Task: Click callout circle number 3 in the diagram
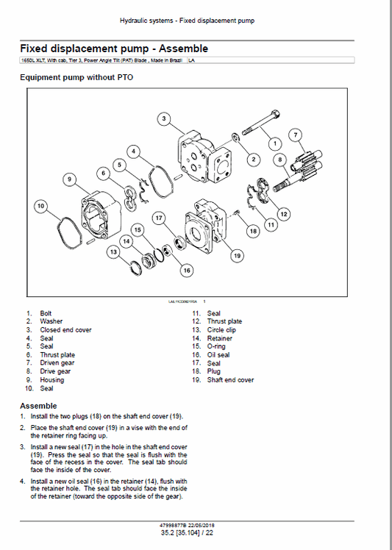pyautogui.click(x=164, y=118)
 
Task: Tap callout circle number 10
pyautogui.click(x=40, y=206)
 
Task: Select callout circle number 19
pyautogui.click(x=236, y=255)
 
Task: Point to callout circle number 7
pyautogui.click(x=295, y=135)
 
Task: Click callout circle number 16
pyautogui.click(x=187, y=271)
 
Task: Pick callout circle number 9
pyautogui.click(x=68, y=179)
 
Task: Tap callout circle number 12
pyautogui.click(x=284, y=213)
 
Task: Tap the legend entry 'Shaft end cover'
pyautogui.click(x=230, y=380)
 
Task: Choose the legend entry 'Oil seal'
pyautogui.click(x=218, y=355)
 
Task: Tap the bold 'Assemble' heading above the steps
pyautogui.click(x=38, y=406)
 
